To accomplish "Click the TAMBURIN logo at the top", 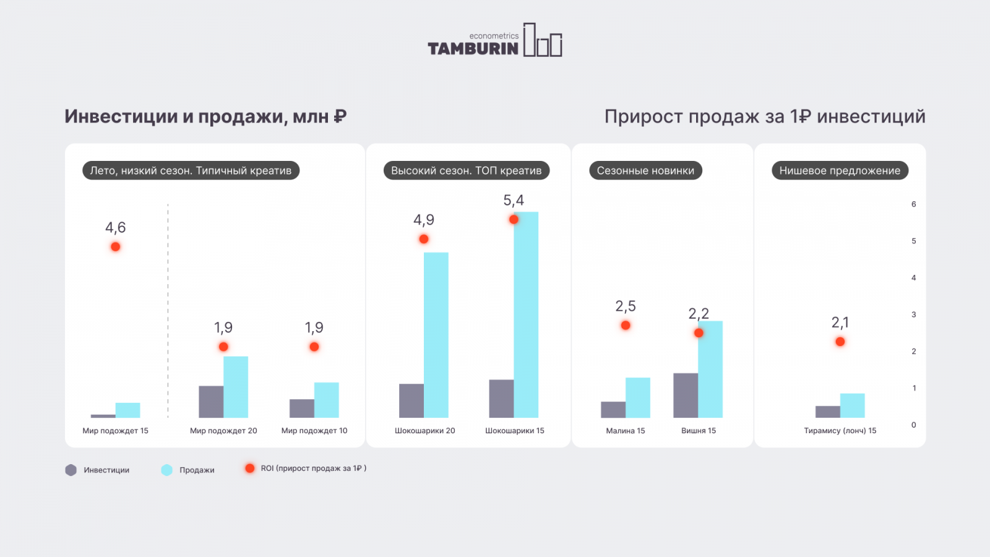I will [494, 41].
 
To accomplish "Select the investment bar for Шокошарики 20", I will [411, 400].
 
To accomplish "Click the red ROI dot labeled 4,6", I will [116, 247].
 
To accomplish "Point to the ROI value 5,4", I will [514, 201].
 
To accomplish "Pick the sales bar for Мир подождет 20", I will [236, 387].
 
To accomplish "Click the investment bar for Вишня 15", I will [686, 395].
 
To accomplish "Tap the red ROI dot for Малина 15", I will [626, 326].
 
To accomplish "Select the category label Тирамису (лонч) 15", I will [840, 431].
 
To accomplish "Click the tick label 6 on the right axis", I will [913, 204].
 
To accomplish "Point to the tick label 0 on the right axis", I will [913, 425].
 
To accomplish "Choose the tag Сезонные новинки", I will [645, 171].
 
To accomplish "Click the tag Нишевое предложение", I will [840, 171].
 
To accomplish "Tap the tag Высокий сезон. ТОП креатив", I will [466, 171].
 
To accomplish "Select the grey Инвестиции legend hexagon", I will [71, 470].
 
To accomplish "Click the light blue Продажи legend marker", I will [167, 470].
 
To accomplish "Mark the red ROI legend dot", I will [250, 468].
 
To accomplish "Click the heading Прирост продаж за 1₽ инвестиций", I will [765, 116].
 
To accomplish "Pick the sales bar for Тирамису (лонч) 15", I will [852, 405].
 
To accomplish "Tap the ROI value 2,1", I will [840, 322].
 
